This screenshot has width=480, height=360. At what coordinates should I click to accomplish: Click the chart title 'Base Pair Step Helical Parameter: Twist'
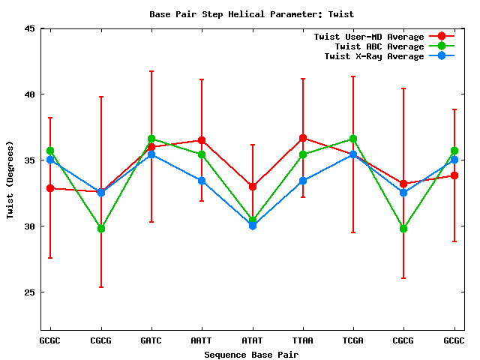click(252, 14)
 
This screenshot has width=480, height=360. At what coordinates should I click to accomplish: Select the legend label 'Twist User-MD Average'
click(368, 37)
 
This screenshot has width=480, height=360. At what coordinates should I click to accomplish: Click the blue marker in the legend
click(441, 56)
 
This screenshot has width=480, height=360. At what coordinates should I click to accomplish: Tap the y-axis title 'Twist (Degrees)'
click(10, 180)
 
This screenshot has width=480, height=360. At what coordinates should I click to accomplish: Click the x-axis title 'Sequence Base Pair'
click(252, 354)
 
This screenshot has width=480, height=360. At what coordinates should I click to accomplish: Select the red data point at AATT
click(202, 140)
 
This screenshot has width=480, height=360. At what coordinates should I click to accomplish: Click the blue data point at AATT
click(202, 181)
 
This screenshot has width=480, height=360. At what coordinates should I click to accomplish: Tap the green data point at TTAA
click(303, 155)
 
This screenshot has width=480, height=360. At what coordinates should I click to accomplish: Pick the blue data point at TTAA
click(303, 181)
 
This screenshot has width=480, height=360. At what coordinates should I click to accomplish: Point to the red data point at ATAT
click(253, 186)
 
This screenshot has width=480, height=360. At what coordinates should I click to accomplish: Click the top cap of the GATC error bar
click(151, 71)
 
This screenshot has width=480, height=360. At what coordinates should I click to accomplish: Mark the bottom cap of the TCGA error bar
click(353, 232)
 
